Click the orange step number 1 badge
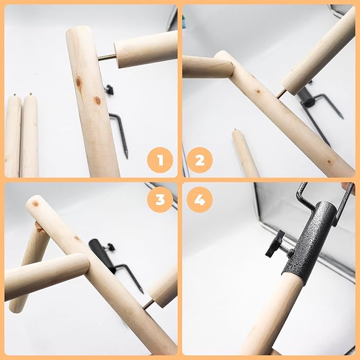click(x=160, y=160)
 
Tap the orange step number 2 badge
click(x=200, y=160)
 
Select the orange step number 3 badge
click(x=160, y=199)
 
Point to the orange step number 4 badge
click(x=200, y=199)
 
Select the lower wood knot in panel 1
click(x=98, y=100)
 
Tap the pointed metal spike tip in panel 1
click(x=127, y=156)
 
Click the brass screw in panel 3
click(x=149, y=305)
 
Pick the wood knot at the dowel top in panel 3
click(x=36, y=204)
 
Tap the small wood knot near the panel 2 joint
click(x=258, y=92)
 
